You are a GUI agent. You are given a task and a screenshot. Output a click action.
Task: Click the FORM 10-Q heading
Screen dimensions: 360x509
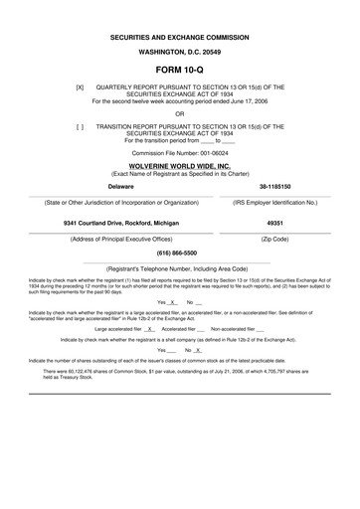pyautogui.click(x=179, y=72)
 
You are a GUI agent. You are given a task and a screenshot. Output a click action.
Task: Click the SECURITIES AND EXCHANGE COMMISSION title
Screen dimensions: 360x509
pyautogui.click(x=179, y=36)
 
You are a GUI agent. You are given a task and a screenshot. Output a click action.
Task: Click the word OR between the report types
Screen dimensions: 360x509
pyautogui.click(x=179, y=113)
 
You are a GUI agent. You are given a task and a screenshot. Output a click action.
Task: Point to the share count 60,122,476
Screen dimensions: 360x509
pyautogui.click(x=94, y=372)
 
